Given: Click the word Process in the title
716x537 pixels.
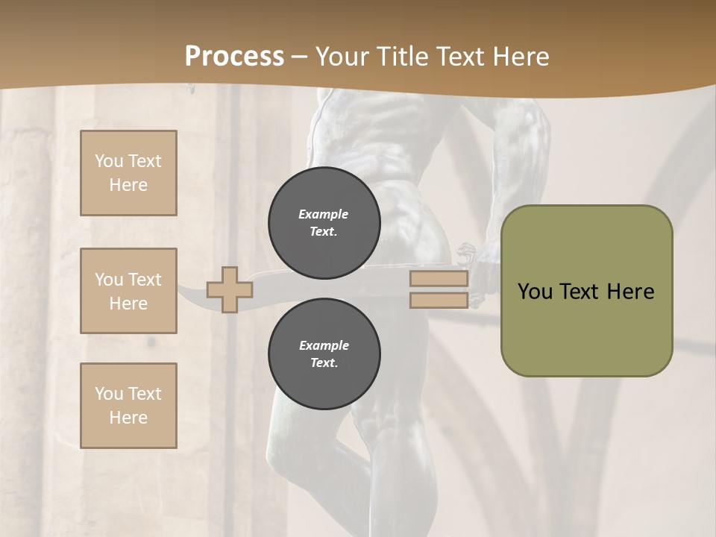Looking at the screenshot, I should pyautogui.click(x=234, y=56).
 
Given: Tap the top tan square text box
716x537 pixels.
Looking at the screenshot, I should pyautogui.click(x=128, y=173).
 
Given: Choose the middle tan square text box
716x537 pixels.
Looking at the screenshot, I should pyautogui.click(x=128, y=291).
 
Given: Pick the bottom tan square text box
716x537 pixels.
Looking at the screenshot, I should pyautogui.click(x=128, y=406).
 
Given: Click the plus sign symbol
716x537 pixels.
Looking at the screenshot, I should pyautogui.click(x=229, y=289).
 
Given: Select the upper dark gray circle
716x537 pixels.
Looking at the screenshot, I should pyautogui.click(x=324, y=222).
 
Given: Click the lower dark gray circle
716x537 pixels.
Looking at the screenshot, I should pyautogui.click(x=324, y=354).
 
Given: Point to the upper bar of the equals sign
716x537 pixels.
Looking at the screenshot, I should pyautogui.click(x=439, y=279).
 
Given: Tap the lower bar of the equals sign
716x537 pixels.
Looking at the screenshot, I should pyautogui.click(x=439, y=300).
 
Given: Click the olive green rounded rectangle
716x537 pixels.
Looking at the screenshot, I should pyautogui.click(x=586, y=328).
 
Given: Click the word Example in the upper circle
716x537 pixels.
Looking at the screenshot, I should pyautogui.click(x=324, y=214).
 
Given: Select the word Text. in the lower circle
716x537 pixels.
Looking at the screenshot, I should pyautogui.click(x=324, y=362).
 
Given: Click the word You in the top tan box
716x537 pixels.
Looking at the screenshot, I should pyautogui.click(x=109, y=161).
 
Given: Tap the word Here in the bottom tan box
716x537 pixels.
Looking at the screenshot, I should pyautogui.click(x=128, y=418).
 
